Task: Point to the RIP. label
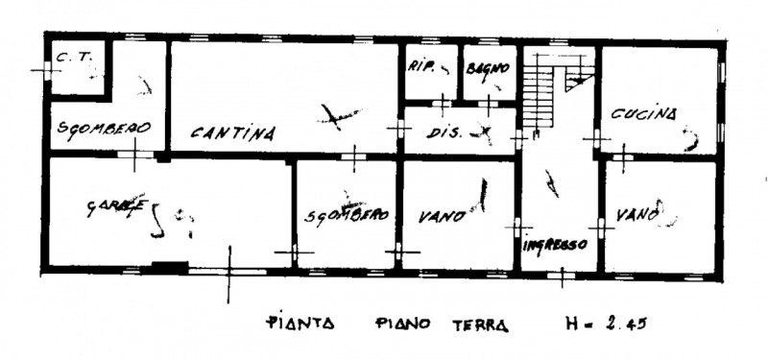pos(423,67)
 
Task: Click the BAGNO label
pos(487,68)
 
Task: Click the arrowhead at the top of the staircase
pos(576,84)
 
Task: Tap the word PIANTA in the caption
pos(299,324)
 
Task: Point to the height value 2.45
pos(625,324)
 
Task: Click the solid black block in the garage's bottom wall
pos(171,268)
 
